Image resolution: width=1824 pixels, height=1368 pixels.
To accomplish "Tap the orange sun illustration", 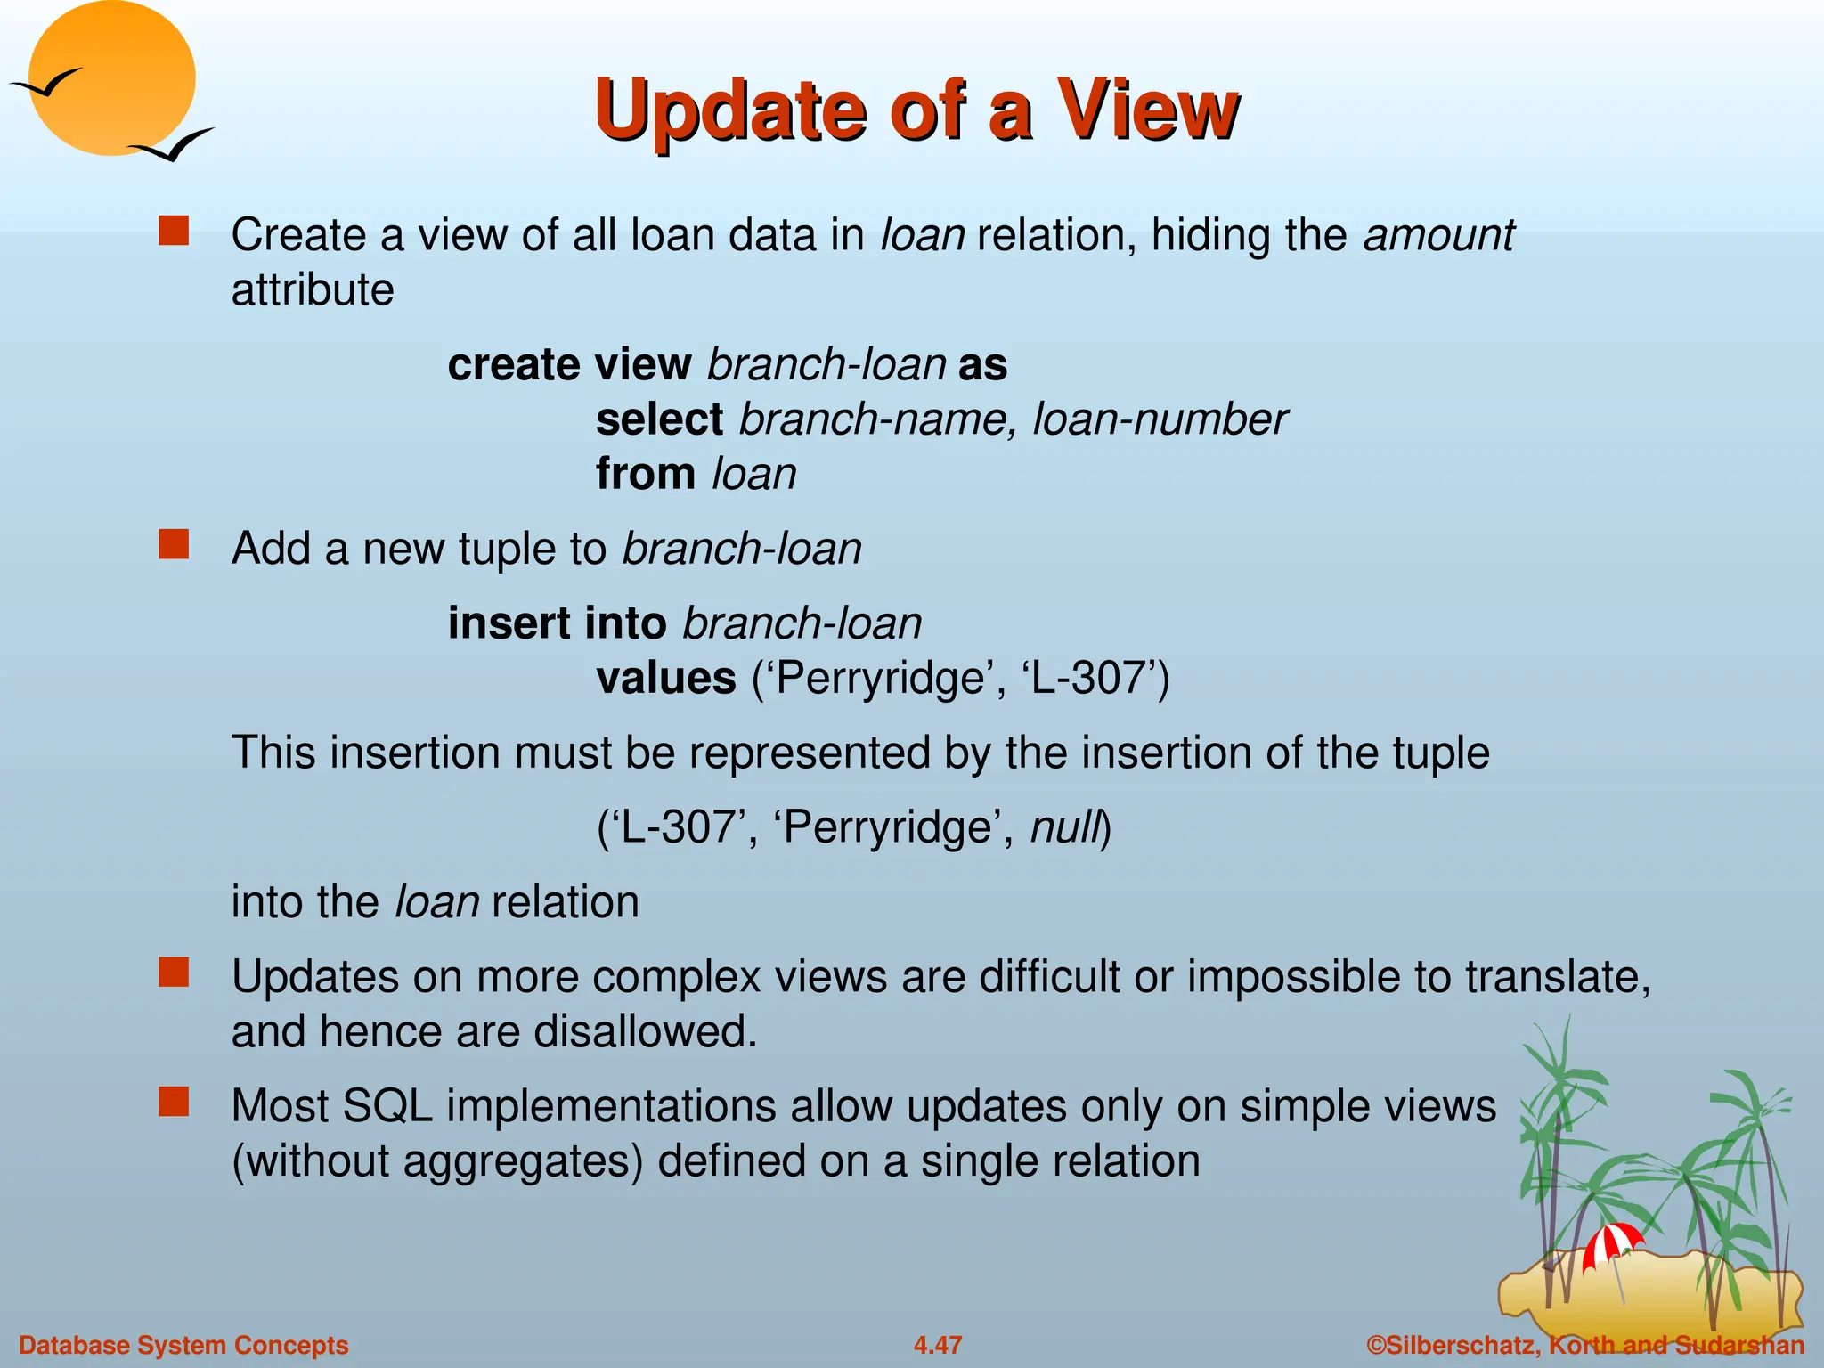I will [111, 76].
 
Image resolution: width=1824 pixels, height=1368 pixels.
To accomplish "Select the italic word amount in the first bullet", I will [1438, 235].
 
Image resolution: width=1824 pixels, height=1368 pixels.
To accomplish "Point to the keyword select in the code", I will [659, 419].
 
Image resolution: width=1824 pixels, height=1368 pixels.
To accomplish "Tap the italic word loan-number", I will [1160, 419].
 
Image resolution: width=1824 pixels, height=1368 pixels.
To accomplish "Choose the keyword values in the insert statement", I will [666, 679].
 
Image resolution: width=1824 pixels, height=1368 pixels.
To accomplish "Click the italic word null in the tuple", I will [1065, 827].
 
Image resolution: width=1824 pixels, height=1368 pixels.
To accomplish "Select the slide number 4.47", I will [938, 1345].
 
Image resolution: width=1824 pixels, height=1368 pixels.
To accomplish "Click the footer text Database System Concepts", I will [183, 1345].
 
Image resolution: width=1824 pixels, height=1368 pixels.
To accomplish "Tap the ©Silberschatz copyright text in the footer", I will [1585, 1345].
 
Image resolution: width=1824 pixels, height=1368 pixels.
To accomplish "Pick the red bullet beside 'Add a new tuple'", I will [174, 544].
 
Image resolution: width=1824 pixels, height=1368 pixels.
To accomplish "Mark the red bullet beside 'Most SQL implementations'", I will [174, 1102].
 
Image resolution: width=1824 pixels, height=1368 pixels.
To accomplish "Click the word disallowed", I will [645, 1031].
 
